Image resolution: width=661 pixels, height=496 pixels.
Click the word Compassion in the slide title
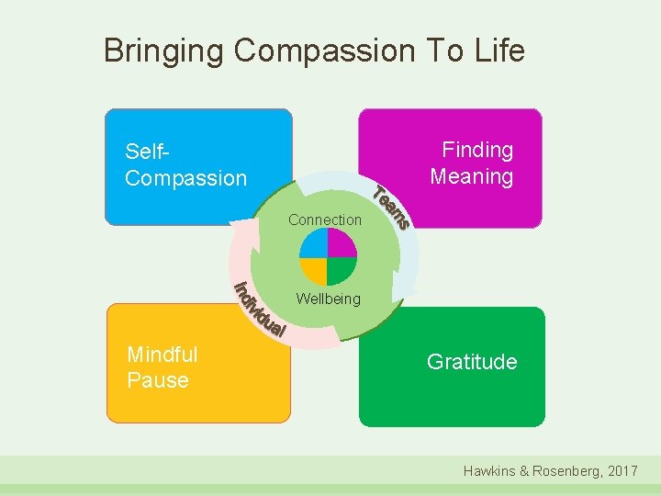(x=322, y=51)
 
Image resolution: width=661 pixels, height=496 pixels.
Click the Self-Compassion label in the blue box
(x=185, y=164)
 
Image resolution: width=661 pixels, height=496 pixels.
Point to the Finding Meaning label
(x=472, y=163)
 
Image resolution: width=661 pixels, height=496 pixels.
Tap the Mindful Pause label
(x=162, y=367)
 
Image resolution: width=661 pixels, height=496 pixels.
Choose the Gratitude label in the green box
(x=472, y=362)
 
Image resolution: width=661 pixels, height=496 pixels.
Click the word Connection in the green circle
(x=325, y=220)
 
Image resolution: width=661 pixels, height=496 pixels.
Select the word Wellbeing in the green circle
(x=328, y=299)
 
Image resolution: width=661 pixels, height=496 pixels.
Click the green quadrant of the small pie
(x=341, y=269)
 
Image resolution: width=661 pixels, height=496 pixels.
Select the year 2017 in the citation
(x=622, y=470)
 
